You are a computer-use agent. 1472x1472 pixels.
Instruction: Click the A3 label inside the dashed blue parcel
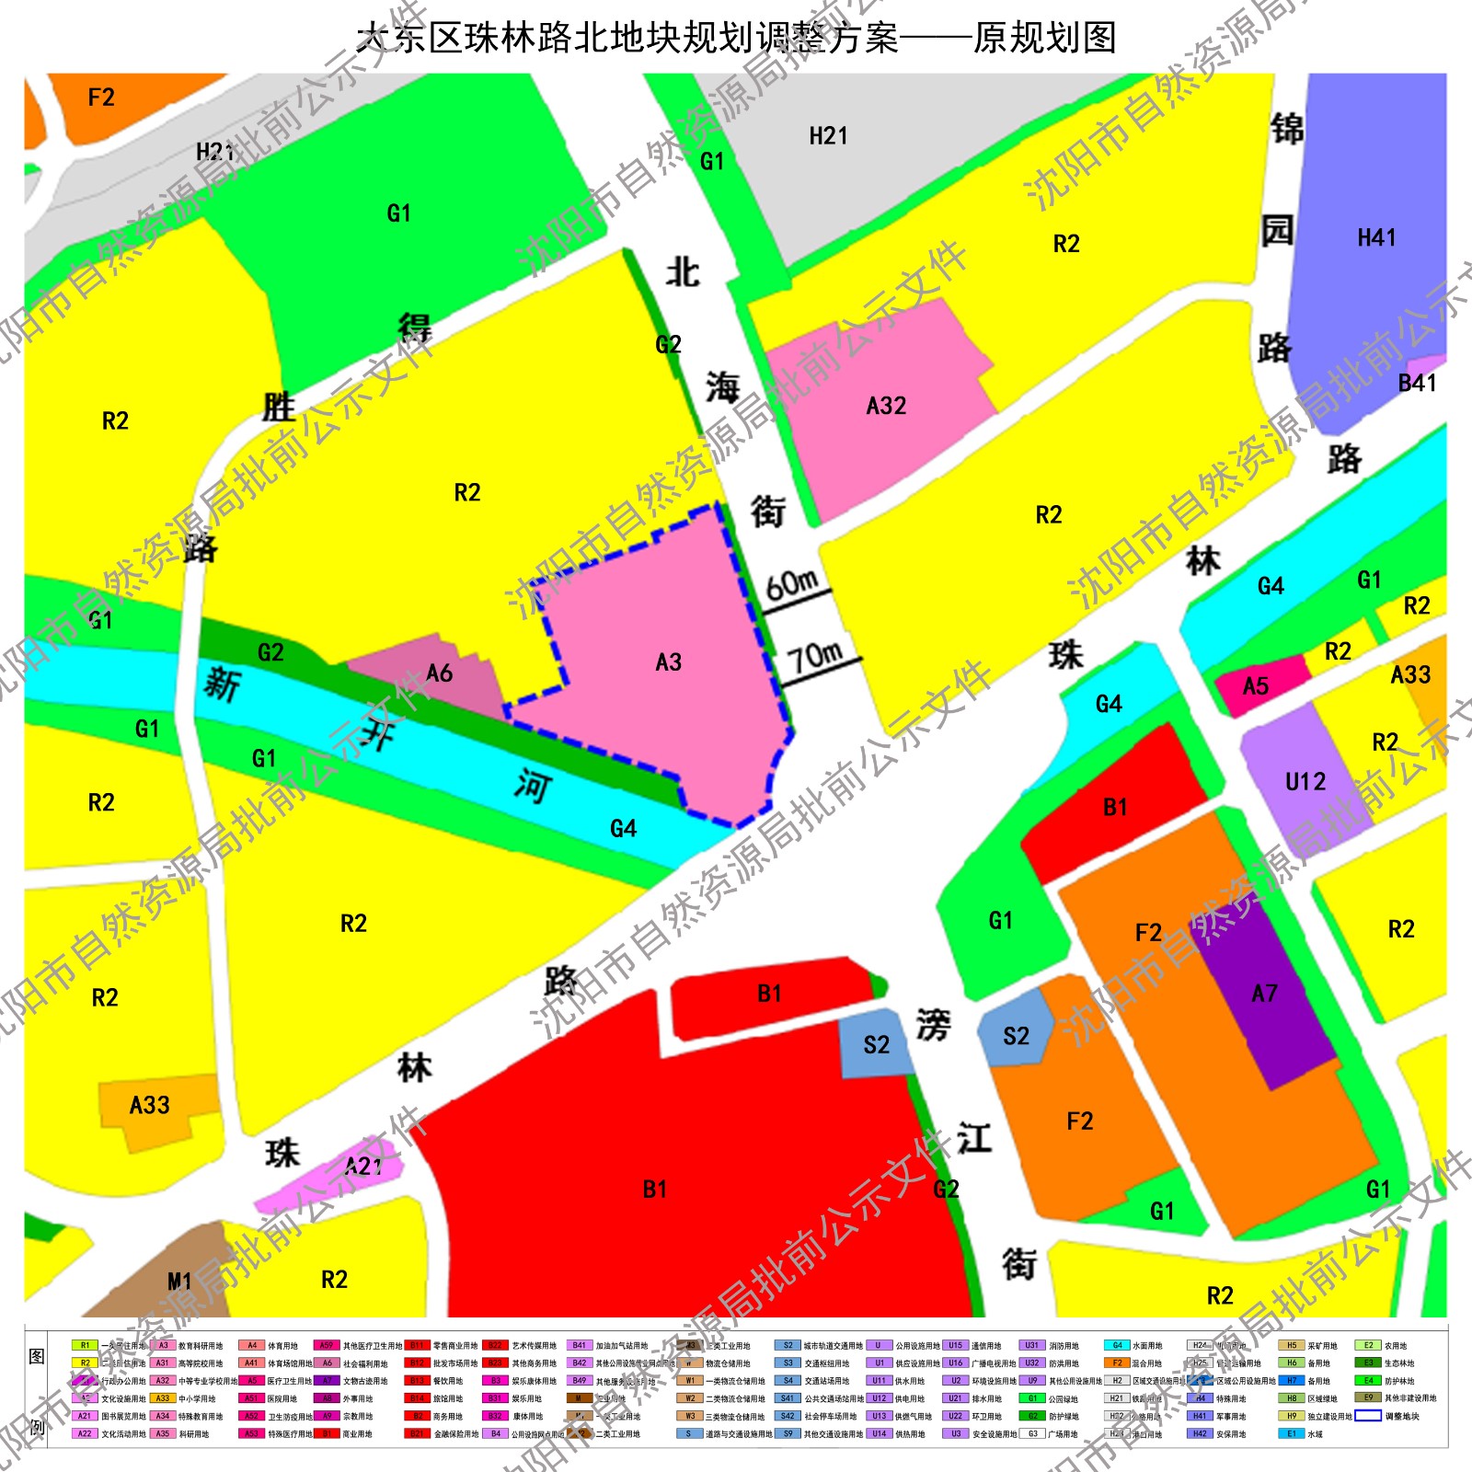[x=669, y=662]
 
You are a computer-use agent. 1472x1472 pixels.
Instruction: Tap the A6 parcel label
[x=439, y=673]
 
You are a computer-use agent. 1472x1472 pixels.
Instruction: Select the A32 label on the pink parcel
[x=886, y=406]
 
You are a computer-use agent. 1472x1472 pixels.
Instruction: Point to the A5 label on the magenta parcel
[x=1256, y=686]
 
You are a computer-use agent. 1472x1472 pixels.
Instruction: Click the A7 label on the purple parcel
[x=1264, y=994]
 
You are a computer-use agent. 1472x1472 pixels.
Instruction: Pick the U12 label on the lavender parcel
[x=1305, y=782]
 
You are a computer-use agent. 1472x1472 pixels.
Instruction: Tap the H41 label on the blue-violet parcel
[x=1376, y=238]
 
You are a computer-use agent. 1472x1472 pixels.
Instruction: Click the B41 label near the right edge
[x=1417, y=383]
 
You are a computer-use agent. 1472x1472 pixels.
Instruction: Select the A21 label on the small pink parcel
[x=363, y=1167]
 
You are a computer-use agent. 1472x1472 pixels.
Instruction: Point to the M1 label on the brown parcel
[x=179, y=1282]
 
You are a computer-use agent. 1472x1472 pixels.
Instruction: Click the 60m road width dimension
[x=792, y=583]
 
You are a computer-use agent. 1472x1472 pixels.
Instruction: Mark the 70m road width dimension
[x=815, y=657]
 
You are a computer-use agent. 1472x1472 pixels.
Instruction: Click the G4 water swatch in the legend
[x=1117, y=1345]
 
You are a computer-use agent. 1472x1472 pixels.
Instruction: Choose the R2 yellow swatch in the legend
[x=85, y=1363]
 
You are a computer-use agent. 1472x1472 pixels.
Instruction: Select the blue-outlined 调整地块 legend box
[x=1368, y=1416]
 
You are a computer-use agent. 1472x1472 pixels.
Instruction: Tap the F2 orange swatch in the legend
[x=1117, y=1363]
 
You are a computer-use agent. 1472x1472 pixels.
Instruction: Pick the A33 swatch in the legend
[x=163, y=1398]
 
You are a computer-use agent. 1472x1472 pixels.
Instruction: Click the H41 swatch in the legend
[x=1200, y=1416]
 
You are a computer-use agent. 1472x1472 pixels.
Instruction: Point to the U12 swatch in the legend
[x=879, y=1398]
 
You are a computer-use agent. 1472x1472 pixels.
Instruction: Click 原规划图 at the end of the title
[x=1045, y=39]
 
